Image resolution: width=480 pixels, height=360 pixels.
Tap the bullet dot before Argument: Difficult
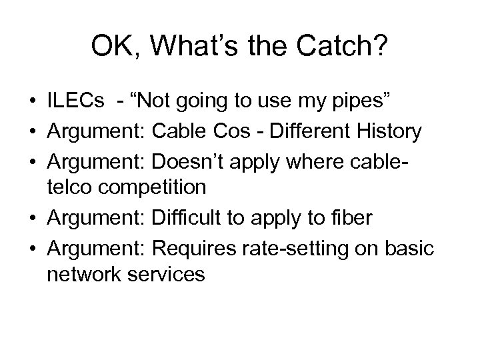[x=33, y=215]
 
